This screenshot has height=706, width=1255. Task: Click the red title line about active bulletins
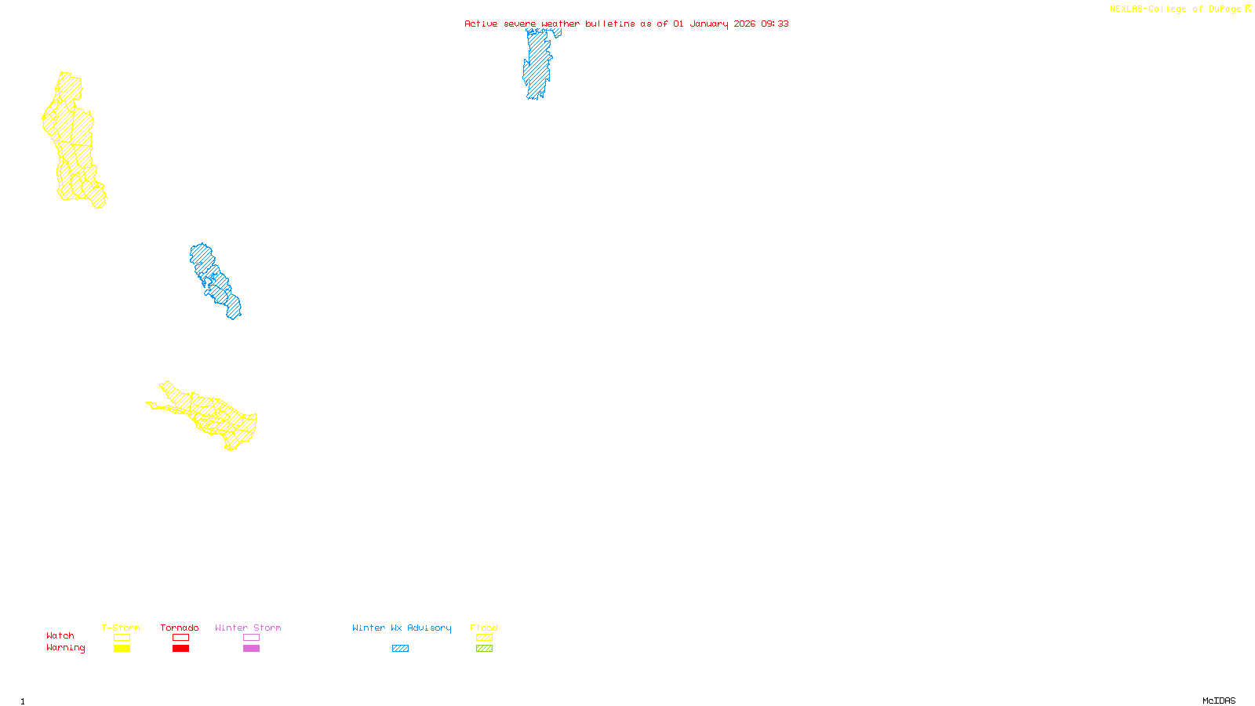[x=626, y=24]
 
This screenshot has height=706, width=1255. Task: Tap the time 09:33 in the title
[x=774, y=24]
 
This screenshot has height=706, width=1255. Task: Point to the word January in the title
[x=709, y=24]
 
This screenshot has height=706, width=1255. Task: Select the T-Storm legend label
[x=121, y=628]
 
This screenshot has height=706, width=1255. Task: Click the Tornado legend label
[x=180, y=628]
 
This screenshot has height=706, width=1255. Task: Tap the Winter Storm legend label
[x=248, y=628]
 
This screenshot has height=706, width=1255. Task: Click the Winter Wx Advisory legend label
[x=402, y=628]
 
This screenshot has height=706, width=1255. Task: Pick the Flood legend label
[x=484, y=628]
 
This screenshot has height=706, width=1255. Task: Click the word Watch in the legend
[x=60, y=636]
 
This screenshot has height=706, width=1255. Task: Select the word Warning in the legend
[x=66, y=648]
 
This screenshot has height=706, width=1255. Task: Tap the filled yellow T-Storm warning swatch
[x=122, y=649]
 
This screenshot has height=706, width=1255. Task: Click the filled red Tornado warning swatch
[x=180, y=649]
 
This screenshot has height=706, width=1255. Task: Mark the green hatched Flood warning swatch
[x=485, y=649]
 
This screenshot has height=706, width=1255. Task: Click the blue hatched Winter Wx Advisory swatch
[x=400, y=649]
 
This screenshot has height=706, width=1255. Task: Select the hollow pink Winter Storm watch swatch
[x=251, y=638]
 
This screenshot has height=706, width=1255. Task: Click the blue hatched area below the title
[x=537, y=67]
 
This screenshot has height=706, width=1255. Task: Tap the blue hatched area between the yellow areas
[x=214, y=281]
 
